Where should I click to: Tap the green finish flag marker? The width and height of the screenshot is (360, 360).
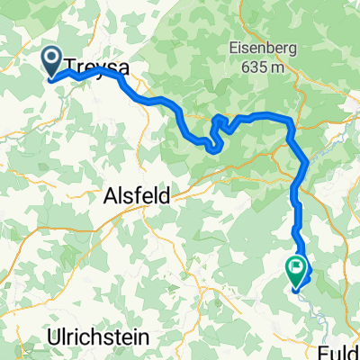tap(295, 268)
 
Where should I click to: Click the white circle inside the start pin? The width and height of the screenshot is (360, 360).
tap(50, 58)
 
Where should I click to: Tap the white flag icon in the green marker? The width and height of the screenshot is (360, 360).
tap(295, 265)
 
